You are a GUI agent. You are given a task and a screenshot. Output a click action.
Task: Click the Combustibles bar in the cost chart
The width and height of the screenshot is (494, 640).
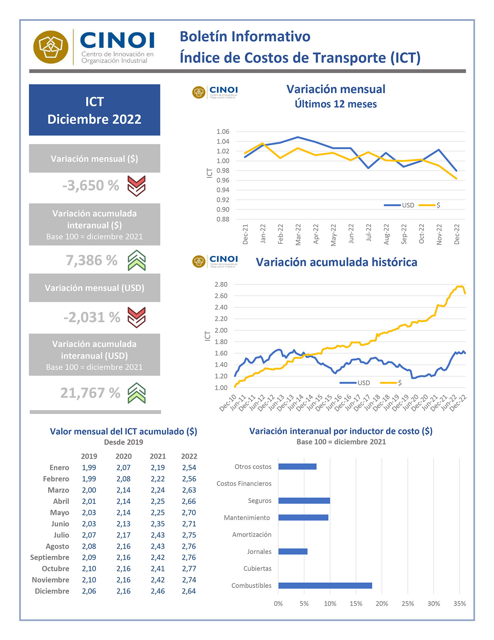coord(325,585)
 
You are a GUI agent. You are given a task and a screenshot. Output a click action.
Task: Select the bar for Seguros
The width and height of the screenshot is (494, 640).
coord(304,501)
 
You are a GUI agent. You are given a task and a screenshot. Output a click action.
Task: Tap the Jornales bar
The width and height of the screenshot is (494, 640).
coord(293,552)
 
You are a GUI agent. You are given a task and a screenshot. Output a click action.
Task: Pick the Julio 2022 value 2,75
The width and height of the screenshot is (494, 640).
coord(189,535)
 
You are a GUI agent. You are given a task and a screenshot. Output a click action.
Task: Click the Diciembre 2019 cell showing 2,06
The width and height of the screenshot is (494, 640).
coord(89,591)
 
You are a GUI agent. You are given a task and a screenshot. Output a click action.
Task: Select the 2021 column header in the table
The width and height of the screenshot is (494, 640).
coord(158,456)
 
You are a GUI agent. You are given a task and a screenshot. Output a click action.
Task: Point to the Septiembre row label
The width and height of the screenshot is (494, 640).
coord(50,557)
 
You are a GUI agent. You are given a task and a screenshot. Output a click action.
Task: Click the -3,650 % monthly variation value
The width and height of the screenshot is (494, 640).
coord(91,186)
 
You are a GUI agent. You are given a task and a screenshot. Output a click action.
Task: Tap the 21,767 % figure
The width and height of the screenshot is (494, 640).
coord(90,393)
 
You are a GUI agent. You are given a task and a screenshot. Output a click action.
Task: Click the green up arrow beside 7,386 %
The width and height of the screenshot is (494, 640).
coord(137,260)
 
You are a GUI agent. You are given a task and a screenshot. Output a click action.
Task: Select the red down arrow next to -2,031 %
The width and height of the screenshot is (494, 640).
coord(136,317)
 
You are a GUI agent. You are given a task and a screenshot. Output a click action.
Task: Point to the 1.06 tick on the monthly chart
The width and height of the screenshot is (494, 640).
coord(223,132)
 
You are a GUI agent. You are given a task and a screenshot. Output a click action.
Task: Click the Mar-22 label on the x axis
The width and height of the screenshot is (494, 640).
coord(298,234)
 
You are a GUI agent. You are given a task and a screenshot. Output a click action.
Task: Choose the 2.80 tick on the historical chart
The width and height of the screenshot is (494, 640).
coord(221,285)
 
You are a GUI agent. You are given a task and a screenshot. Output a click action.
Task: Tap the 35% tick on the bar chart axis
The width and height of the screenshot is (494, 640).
coord(460,604)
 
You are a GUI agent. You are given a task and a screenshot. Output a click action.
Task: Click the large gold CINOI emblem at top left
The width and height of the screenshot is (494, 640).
coord(51,47)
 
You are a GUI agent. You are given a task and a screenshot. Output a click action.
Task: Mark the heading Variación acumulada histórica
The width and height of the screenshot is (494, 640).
coord(336,262)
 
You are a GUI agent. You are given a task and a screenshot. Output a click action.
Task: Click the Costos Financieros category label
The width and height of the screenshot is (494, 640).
coord(244,484)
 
